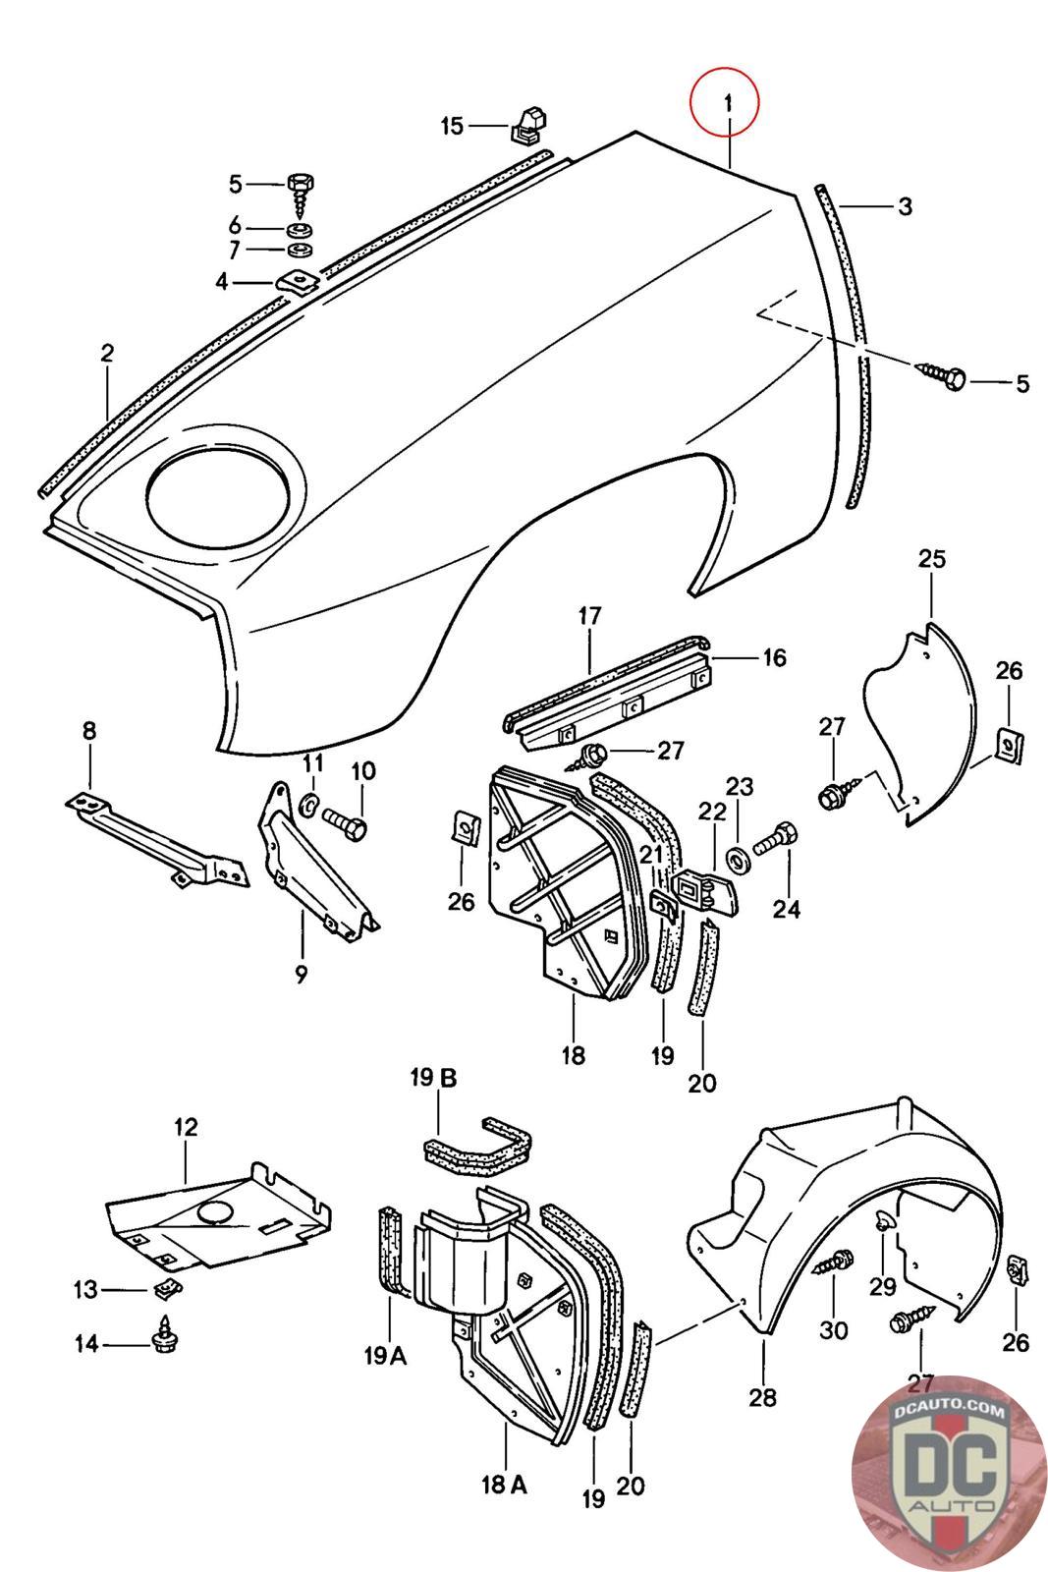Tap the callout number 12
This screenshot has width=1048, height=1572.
click(186, 1127)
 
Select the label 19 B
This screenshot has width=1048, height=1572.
click(433, 1079)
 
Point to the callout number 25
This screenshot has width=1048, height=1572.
click(931, 559)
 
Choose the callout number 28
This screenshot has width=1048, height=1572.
click(762, 1396)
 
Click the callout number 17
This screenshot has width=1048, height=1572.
click(589, 617)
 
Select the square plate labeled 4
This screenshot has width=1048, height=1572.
click(297, 282)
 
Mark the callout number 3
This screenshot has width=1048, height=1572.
click(904, 206)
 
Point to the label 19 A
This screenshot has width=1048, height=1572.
click(385, 1356)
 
